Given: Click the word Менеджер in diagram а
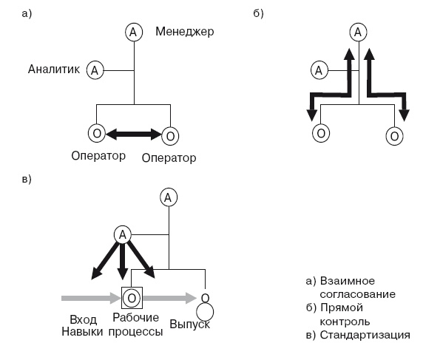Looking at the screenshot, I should click(184, 32).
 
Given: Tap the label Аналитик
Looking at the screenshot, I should click(54, 69).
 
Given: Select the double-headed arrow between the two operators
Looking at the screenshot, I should click(133, 135).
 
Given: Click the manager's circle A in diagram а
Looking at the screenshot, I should click(133, 33).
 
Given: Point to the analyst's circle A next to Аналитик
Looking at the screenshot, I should click(95, 70).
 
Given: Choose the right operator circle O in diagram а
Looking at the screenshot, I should click(170, 135).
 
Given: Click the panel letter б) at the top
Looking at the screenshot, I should click(258, 13).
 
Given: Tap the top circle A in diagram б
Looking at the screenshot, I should click(358, 33).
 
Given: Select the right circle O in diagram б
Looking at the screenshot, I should click(395, 135).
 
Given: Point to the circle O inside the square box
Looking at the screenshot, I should click(131, 297).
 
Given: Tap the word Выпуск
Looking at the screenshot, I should click(190, 324).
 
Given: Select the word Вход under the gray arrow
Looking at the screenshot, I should click(84, 319).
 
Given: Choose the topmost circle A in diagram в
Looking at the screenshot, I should click(169, 197).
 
